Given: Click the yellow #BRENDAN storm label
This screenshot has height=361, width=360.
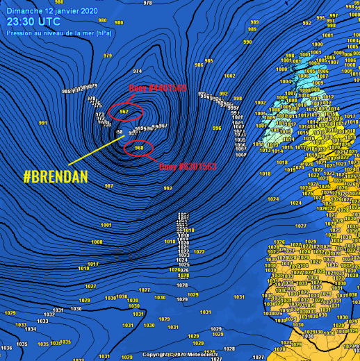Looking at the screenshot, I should [x=56, y=176].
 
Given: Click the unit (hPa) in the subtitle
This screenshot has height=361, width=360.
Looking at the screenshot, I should [x=102, y=33].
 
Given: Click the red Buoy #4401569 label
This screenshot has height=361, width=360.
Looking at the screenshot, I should [x=158, y=87].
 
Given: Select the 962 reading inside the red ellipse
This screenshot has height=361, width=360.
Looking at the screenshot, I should [x=124, y=111].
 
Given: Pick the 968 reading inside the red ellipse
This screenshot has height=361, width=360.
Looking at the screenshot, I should [x=139, y=147].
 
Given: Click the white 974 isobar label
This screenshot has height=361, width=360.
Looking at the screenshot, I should [x=138, y=72].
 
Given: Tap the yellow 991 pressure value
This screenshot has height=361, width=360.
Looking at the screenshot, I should [x=43, y=123].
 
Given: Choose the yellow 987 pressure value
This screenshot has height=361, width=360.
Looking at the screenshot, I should [x=108, y=186].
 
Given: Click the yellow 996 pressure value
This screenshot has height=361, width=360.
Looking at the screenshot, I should [x=217, y=128].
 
